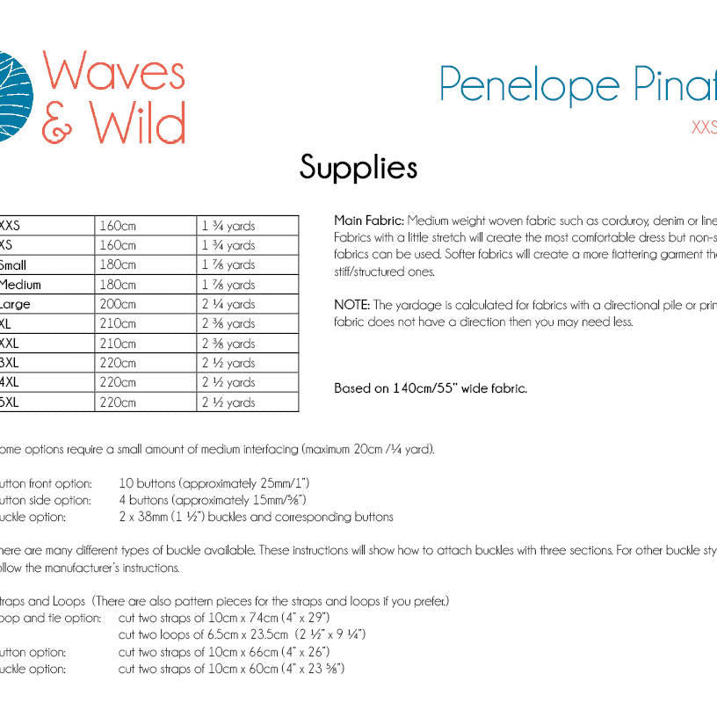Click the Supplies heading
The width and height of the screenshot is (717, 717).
coord(358,167)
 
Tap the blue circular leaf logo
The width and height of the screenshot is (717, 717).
coord(11,97)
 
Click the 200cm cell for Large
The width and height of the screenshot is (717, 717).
coord(118,304)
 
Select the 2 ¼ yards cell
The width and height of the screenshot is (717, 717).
coord(228,304)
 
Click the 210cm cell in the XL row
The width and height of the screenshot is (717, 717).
coord(118,323)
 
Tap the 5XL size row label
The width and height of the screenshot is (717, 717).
coord(11,402)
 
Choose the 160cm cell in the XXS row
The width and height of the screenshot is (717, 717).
coord(118,226)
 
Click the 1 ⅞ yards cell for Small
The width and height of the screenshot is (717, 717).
coord(228,265)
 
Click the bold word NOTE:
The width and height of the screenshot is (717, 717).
coord(352,305)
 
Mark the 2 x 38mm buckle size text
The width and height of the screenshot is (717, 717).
coord(148,518)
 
